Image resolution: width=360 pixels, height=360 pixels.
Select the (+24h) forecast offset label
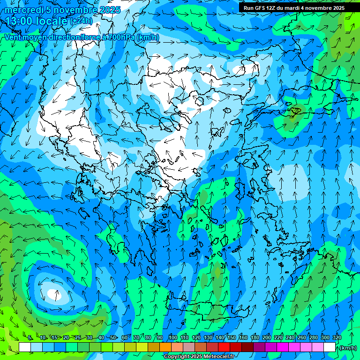81,21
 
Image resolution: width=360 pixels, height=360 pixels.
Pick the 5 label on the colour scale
30,337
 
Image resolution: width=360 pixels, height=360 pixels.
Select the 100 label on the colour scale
172,337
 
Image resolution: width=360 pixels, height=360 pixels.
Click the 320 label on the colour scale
337,337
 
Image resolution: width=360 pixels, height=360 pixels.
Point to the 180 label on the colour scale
255,337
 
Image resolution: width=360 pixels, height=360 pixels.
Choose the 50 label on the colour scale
112,337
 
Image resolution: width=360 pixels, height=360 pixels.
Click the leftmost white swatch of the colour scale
25,347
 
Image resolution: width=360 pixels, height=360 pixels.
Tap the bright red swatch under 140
224,347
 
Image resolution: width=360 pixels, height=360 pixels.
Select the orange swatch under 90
165,347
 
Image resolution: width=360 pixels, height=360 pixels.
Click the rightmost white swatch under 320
330,347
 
